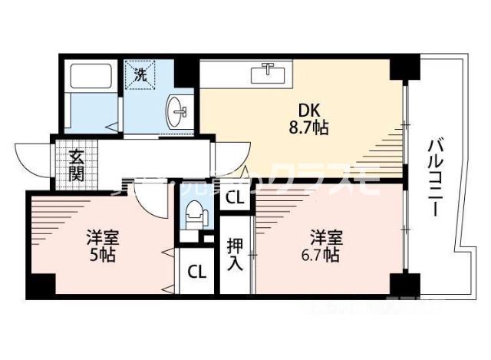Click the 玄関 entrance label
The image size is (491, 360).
76,165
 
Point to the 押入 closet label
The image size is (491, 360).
235,253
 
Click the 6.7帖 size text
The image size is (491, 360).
325,256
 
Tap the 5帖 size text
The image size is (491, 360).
101,256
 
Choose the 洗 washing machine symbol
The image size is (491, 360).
140,74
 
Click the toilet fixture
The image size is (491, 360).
194,213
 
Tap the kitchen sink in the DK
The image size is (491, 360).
269,73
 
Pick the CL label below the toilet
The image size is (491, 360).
196,271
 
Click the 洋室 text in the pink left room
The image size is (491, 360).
101,237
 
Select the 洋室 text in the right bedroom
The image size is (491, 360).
325,236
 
